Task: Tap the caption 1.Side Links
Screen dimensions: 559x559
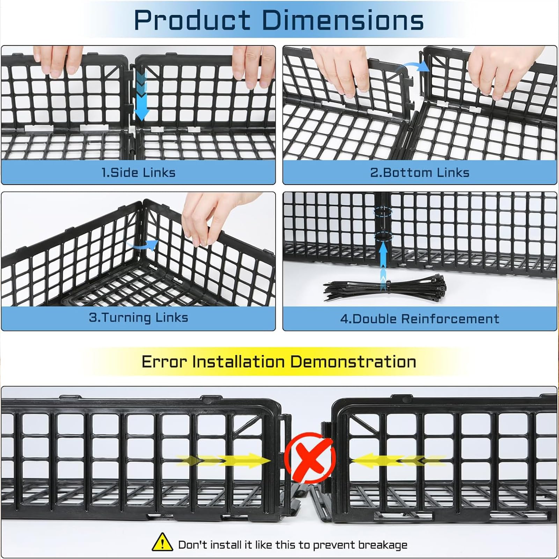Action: point(138,172)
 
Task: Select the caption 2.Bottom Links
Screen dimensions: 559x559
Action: point(420,172)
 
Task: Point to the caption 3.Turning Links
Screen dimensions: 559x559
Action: point(138,317)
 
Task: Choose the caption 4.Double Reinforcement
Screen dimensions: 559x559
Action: point(420,319)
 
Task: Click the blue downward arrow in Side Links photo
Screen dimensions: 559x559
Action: point(141,94)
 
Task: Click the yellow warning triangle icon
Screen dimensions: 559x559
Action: point(162,542)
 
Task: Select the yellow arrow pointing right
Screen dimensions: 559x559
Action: point(223,461)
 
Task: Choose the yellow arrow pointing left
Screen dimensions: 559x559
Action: point(398,461)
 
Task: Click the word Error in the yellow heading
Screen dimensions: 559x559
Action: point(164,362)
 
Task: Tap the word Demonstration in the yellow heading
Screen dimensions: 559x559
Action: point(353,362)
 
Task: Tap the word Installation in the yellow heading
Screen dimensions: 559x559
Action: point(239,362)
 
